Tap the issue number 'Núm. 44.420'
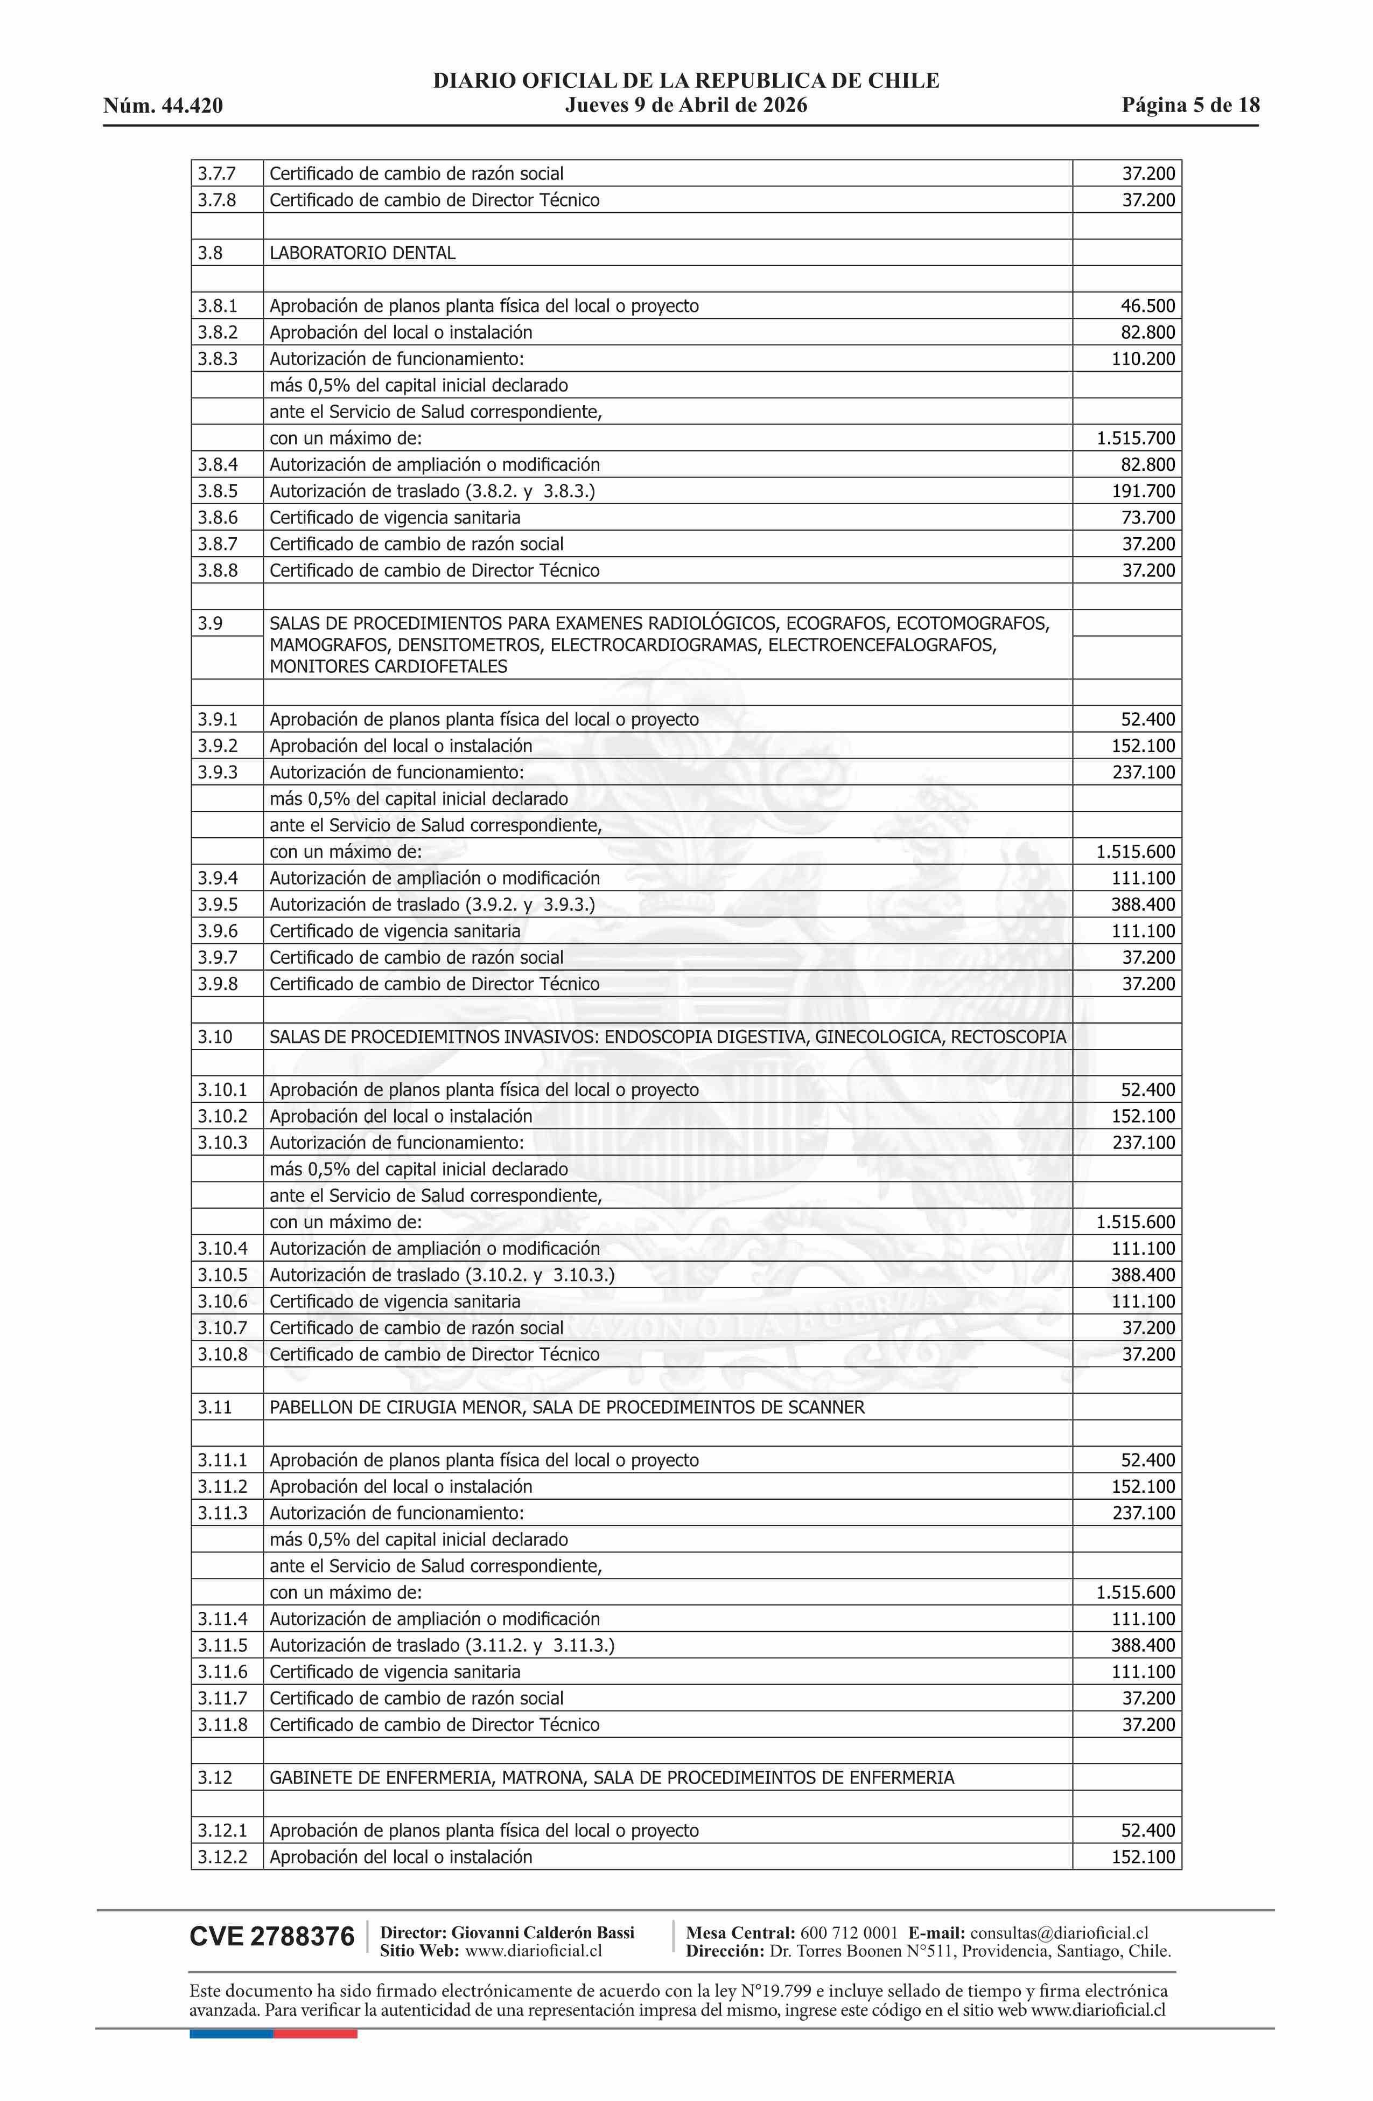[163, 107]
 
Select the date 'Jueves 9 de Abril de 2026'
[685, 106]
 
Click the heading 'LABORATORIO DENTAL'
[363, 253]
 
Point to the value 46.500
[1148, 307]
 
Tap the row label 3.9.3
[217, 773]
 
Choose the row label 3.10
[214, 1037]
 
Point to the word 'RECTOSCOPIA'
[1008, 1037]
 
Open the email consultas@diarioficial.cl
[1059, 1933]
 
